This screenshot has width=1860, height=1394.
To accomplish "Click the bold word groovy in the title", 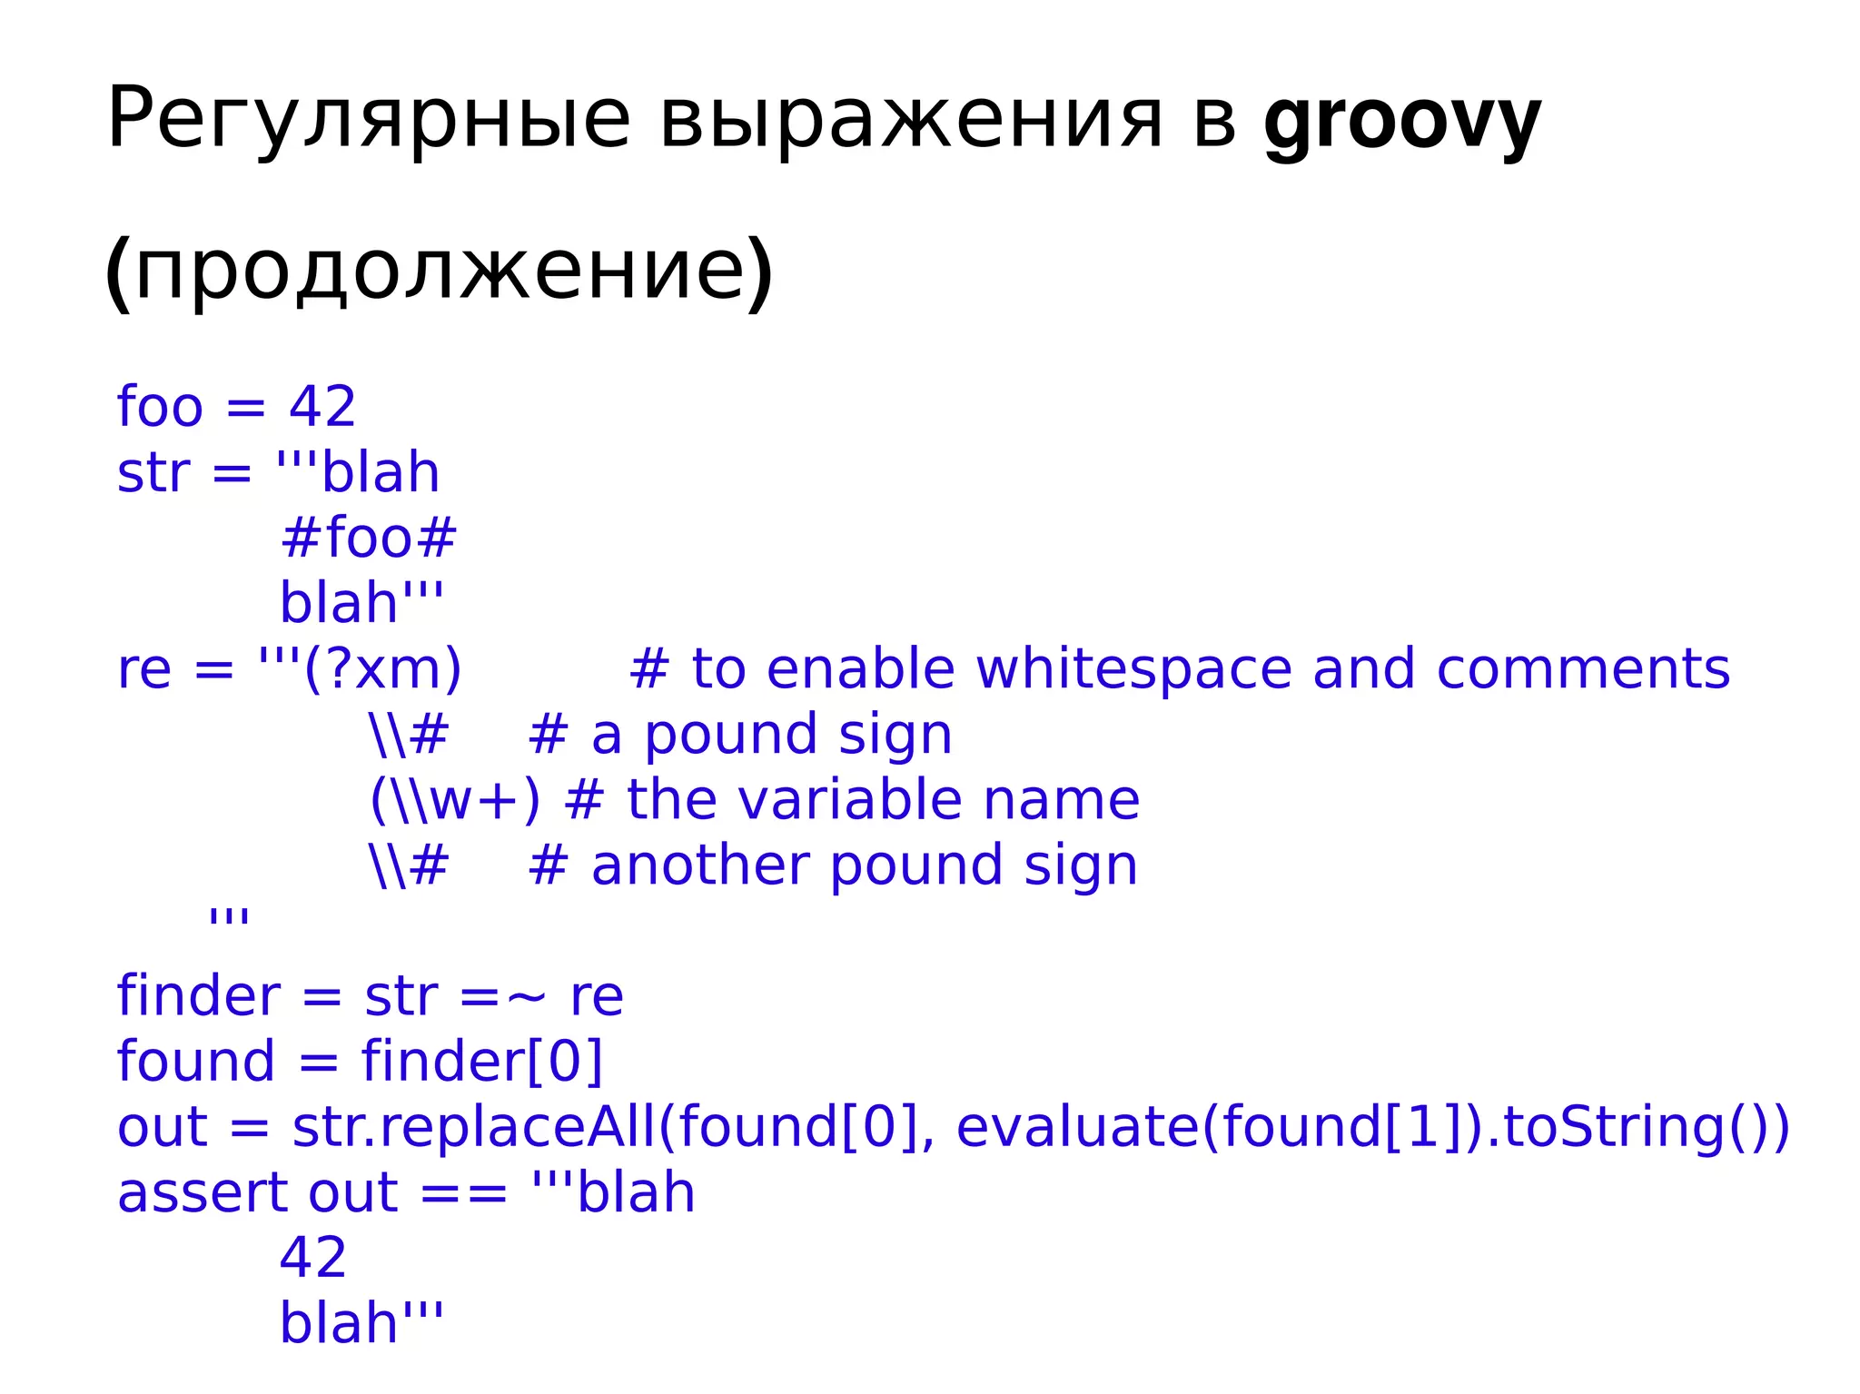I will [1401, 121].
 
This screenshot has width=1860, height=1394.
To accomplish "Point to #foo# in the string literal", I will [368, 538].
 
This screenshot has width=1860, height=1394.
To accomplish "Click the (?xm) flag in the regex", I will [382, 669].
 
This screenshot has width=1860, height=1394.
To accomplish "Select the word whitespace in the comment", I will [1133, 669].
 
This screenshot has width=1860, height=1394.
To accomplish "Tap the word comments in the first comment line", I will [1583, 669].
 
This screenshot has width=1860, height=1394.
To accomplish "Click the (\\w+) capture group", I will [454, 800].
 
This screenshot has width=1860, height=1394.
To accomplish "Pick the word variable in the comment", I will [849, 800].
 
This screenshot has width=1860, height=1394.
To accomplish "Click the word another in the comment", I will [699, 865].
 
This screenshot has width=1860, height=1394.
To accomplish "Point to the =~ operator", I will [503, 997].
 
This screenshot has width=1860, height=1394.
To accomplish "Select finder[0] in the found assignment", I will [482, 1062].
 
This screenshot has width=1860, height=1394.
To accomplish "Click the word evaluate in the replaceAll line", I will [1077, 1127].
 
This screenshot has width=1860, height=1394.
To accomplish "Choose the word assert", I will [201, 1193].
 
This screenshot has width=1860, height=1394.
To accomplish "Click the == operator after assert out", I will [463, 1193].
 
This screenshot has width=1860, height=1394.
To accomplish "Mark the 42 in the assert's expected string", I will [312, 1259].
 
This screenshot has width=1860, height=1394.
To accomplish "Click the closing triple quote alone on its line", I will [228, 915].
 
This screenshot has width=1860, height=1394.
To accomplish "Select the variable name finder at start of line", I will [199, 997].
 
